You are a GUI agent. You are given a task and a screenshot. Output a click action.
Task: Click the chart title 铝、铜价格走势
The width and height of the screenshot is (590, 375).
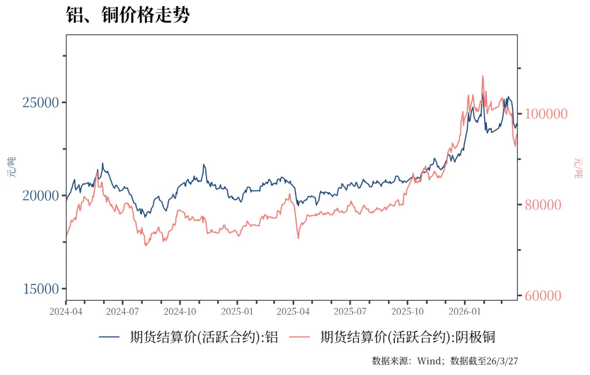[128, 15]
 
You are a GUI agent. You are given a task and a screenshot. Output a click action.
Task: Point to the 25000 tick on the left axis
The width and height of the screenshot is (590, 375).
[41, 102]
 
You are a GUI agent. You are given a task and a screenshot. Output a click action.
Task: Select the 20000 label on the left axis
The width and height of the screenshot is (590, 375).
[41, 195]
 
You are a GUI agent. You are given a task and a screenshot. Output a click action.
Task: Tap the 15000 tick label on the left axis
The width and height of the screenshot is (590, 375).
[41, 289]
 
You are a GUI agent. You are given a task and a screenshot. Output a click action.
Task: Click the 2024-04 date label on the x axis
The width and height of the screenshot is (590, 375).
[66, 312]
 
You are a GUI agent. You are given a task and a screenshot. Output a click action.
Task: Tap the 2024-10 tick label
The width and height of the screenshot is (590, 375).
[180, 312]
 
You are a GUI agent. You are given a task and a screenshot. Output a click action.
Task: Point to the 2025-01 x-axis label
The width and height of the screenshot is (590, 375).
[237, 312]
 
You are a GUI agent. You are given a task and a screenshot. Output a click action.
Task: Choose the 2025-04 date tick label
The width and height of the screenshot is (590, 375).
[293, 312]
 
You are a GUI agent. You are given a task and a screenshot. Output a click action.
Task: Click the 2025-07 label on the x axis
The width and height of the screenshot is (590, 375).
[350, 312]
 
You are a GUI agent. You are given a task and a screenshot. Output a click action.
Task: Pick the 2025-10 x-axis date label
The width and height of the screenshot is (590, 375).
[408, 312]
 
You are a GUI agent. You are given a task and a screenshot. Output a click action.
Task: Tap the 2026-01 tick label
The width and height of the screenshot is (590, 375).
[465, 312]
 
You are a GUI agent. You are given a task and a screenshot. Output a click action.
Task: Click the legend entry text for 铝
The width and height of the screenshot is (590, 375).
[204, 337]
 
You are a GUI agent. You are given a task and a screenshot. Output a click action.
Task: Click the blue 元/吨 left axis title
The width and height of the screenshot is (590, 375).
[12, 167]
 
